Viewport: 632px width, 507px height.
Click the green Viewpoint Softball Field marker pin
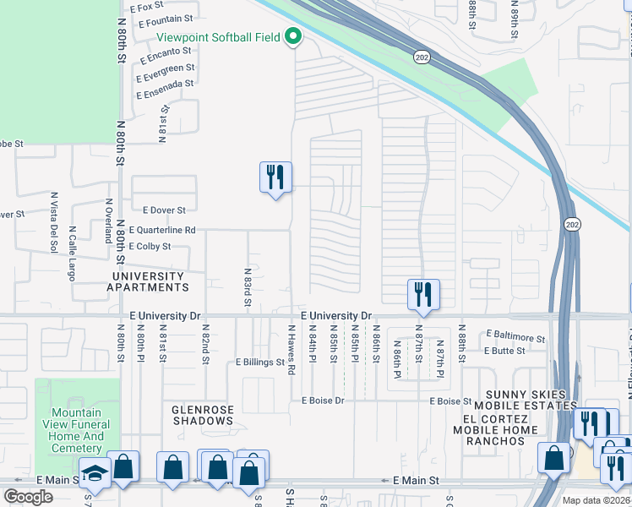[293, 36]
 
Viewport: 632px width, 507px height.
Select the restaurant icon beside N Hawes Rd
[275, 177]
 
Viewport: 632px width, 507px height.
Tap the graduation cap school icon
[95, 472]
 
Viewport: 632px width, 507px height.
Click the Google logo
[29, 497]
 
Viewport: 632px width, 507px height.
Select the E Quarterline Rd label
[162, 230]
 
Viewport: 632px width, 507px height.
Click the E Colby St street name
[150, 247]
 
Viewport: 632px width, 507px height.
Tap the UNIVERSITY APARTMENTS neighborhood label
[147, 281]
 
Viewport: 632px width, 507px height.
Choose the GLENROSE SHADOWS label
[203, 416]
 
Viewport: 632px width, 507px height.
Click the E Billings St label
[259, 362]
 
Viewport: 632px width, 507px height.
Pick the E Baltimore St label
[515, 335]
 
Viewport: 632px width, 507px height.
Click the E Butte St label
[504, 350]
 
